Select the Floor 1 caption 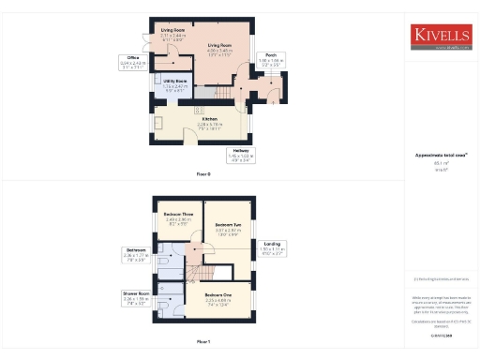tap(203, 341)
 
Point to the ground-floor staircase tap(218, 94)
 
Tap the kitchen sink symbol tap(158, 124)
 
